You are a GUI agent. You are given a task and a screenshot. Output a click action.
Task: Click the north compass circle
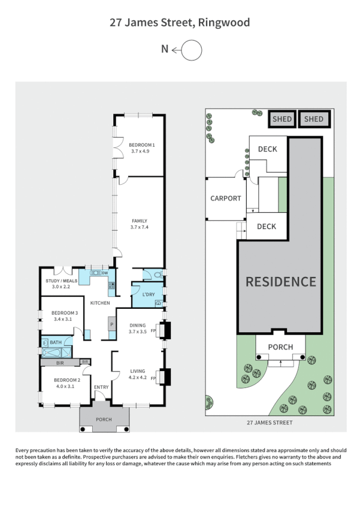pos(192,50)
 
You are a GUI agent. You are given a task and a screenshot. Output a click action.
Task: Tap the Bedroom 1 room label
pos(142,144)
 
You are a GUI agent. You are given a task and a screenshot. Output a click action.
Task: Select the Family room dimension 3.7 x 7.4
pos(140,227)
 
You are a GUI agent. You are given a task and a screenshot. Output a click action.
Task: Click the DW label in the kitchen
pos(105,273)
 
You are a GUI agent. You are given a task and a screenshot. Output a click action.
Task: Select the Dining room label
pos(138,326)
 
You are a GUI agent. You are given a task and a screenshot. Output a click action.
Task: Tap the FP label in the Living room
pos(153,379)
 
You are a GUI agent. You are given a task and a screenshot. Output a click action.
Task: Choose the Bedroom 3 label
pos(65,313)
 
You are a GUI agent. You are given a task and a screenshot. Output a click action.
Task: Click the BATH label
pos(56,342)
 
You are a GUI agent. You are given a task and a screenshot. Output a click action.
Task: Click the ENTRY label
pos(101,387)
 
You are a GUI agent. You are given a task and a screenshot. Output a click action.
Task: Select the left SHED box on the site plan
pos(282,119)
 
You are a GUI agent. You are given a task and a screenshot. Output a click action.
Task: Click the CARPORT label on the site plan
pos(225,198)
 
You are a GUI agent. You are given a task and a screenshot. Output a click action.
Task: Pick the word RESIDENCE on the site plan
pos(280,281)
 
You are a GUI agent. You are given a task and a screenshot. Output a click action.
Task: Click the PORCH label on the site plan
pos(280,347)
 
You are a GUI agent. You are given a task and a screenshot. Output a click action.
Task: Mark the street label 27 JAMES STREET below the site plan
pos(270,423)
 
